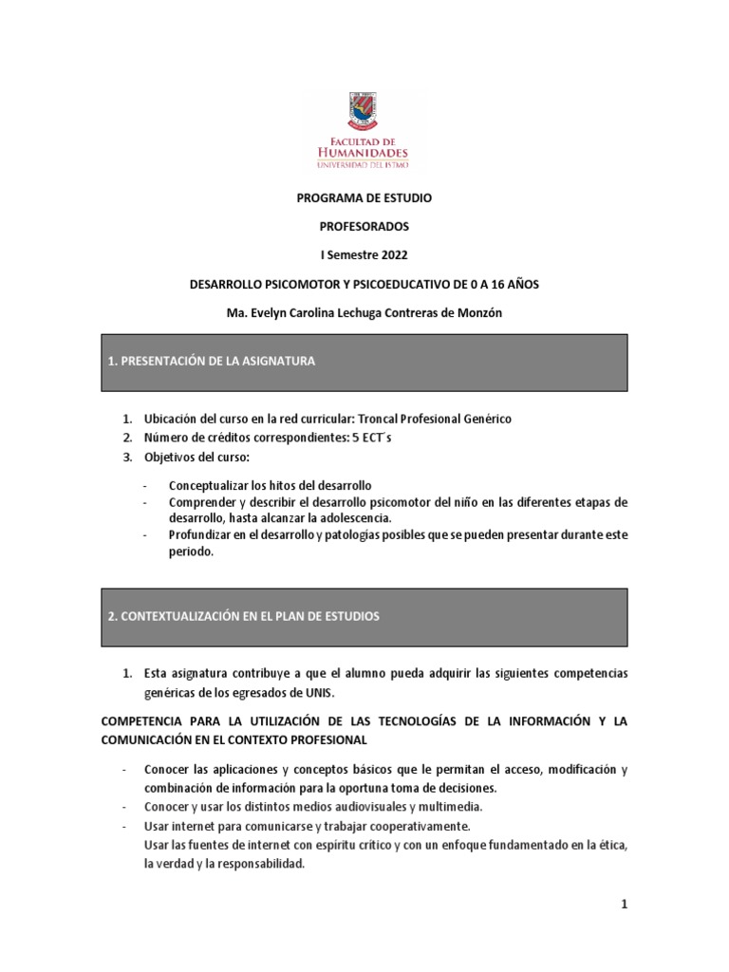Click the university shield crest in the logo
point(364,113)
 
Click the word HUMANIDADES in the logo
point(364,152)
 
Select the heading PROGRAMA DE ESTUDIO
point(364,198)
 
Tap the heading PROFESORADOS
point(364,228)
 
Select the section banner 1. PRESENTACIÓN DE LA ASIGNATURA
point(364,363)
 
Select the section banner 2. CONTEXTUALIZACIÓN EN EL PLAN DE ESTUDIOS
point(364,617)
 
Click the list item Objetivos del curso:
point(196,458)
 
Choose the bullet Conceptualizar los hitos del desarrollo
point(270,485)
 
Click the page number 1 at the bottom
point(624,906)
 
